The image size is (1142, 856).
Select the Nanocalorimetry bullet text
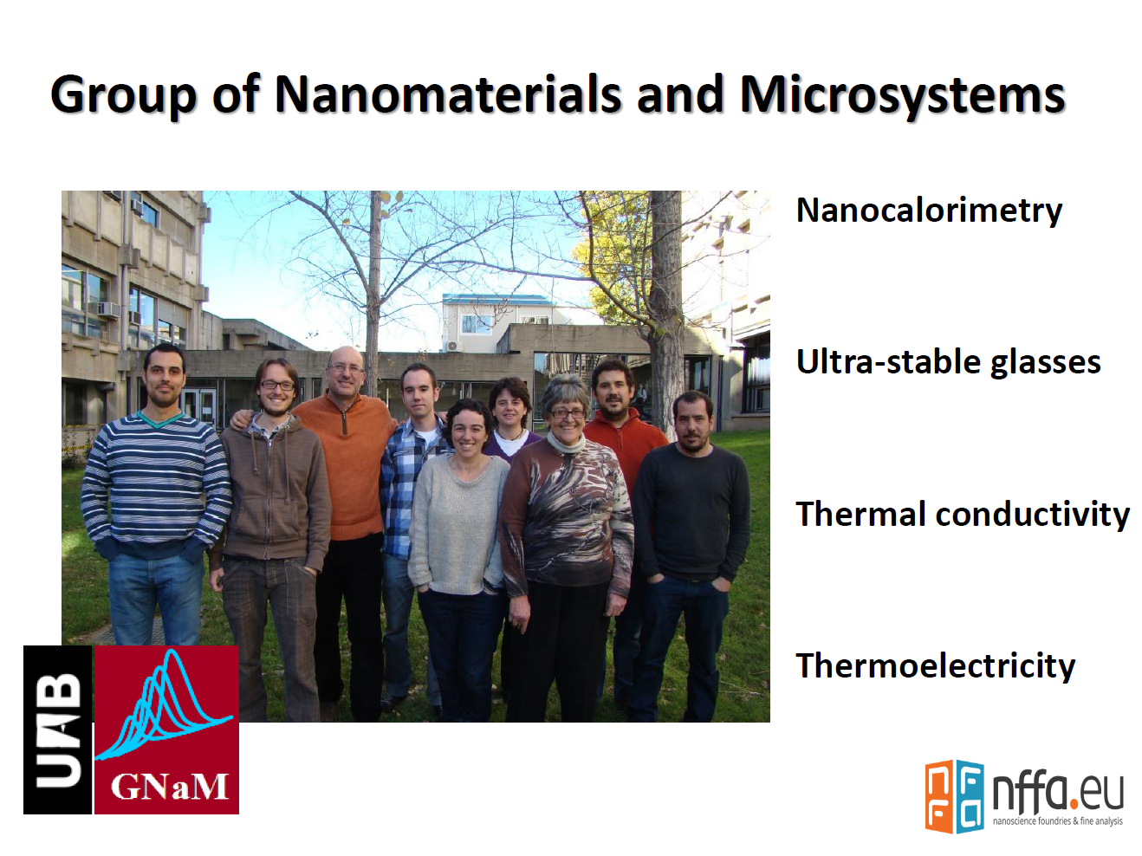[929, 211]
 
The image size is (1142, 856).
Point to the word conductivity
[1033, 514]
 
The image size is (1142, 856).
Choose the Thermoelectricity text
[936, 666]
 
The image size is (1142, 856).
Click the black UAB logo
[58, 730]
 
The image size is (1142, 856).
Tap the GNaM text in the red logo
[170, 787]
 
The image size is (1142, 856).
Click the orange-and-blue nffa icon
[954, 795]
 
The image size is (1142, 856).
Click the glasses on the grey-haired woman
[568, 413]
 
